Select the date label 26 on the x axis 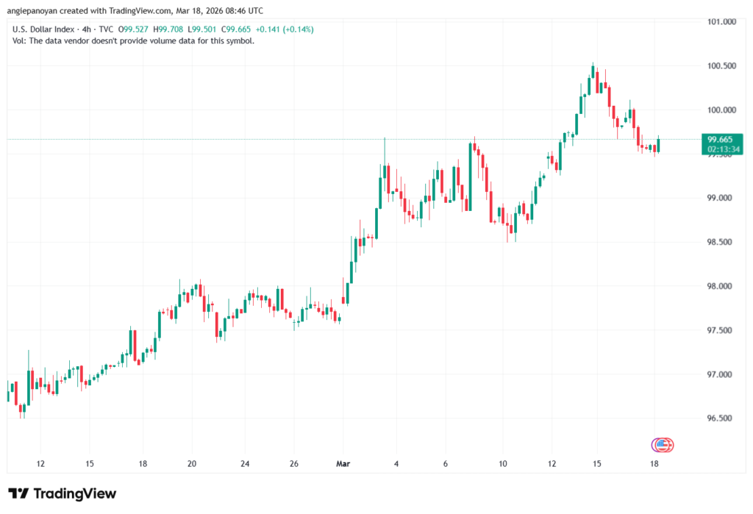coord(293,464)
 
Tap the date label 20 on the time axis coord(192,464)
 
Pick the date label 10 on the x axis coord(503,464)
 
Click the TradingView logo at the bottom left coord(62,493)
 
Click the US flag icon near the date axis coord(662,444)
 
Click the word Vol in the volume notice coord(19,40)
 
